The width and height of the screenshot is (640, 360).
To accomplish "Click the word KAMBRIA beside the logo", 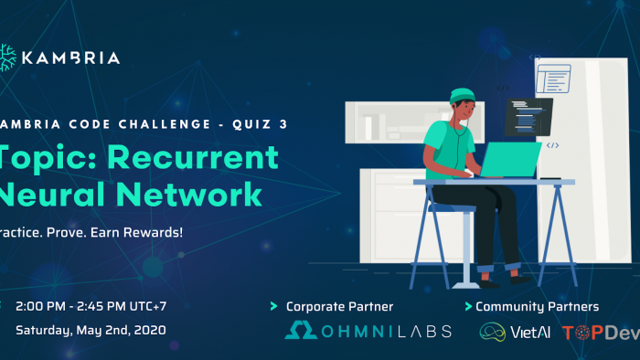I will tap(72, 58).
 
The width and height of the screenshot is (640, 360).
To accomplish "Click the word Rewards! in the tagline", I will tap(155, 231).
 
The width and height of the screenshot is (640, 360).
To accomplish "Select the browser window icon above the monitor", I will tap(552, 78).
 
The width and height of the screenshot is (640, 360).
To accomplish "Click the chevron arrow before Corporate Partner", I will tap(273, 306).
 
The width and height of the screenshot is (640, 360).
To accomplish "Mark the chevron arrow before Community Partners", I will tap(468, 306).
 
